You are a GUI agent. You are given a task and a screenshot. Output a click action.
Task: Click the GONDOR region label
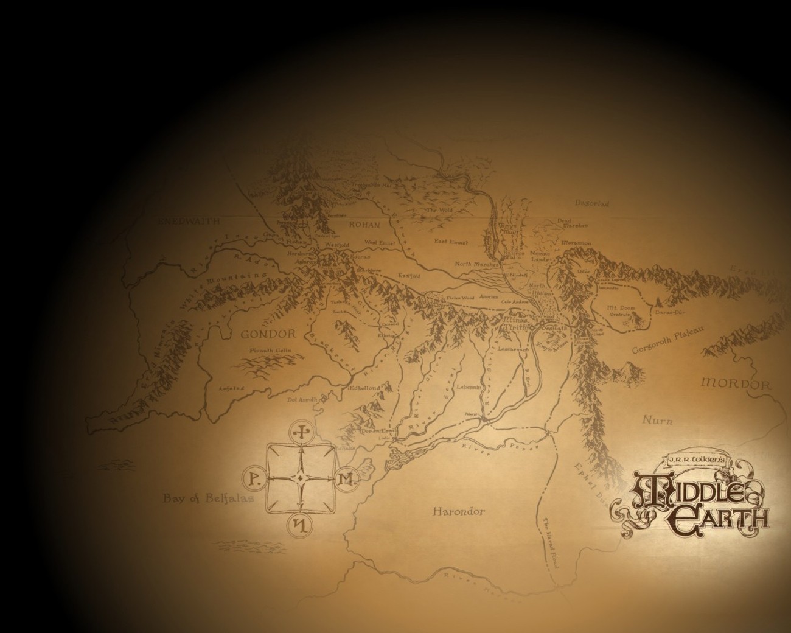coord(268,334)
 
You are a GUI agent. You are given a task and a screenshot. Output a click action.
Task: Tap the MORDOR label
coord(736,385)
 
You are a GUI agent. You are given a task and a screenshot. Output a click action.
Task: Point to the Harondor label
coord(459,511)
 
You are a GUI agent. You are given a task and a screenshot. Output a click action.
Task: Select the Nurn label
coord(658,420)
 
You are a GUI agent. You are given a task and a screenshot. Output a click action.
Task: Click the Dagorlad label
coord(591,204)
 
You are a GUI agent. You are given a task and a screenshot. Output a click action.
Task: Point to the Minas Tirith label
coord(516,323)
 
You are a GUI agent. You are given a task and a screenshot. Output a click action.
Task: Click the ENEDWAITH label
coord(189,222)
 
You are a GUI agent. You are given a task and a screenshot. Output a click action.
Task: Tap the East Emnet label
coord(451,242)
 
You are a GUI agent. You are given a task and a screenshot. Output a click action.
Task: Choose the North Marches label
coord(478,264)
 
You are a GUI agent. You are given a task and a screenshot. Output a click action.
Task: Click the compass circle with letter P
coord(255,480)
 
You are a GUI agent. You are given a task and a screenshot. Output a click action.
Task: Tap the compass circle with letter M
coord(345,479)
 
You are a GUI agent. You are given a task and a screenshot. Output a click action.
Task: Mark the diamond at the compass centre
coord(300,479)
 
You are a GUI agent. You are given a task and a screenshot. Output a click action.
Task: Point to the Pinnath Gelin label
coord(268,351)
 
